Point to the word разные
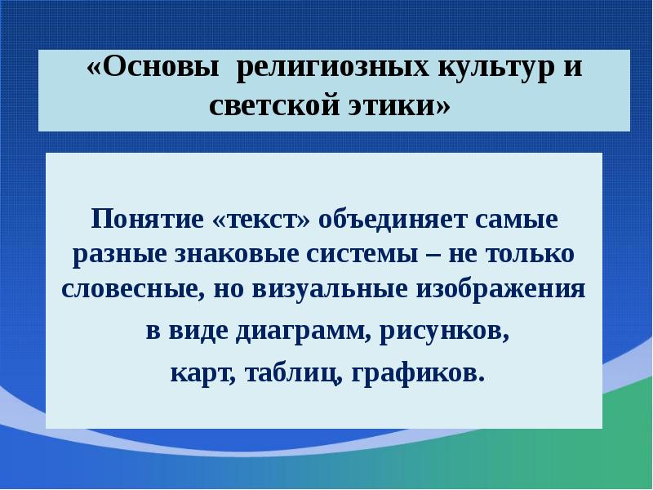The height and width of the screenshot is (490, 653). (x=120, y=255)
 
